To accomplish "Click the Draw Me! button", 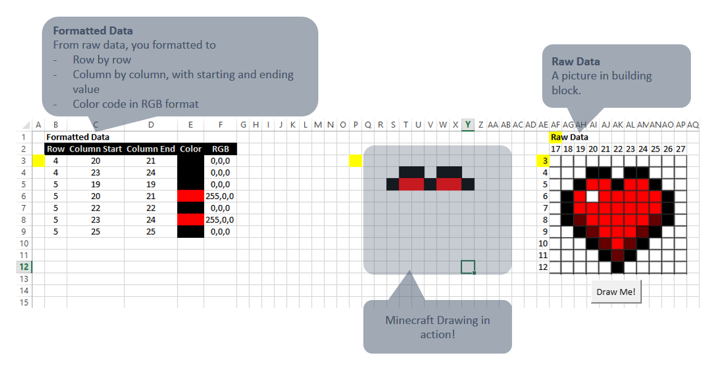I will pyautogui.click(x=616, y=291).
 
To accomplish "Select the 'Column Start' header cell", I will pyautogui.click(x=96, y=149).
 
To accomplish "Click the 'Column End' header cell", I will pyautogui.click(x=151, y=149).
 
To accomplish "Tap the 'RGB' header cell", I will pyautogui.click(x=220, y=149).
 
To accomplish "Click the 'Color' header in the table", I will pyautogui.click(x=191, y=149).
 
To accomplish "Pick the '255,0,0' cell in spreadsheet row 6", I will pyautogui.click(x=220, y=196).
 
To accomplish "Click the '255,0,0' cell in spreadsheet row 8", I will pyautogui.click(x=220, y=220).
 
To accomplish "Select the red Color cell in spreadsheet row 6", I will pyautogui.click(x=191, y=196).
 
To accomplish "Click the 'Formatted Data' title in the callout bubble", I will pyautogui.click(x=93, y=30).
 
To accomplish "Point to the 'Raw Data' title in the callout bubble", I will pyautogui.click(x=576, y=62).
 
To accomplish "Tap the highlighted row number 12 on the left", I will pyautogui.click(x=24, y=267).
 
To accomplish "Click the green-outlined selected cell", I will pyautogui.click(x=468, y=267).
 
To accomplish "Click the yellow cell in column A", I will pyautogui.click(x=38, y=161).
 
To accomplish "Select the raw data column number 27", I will pyautogui.click(x=680, y=149).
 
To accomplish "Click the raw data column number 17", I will pyautogui.click(x=556, y=149).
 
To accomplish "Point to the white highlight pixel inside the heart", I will pyautogui.click(x=593, y=196).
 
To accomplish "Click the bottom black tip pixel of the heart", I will pyautogui.click(x=618, y=267).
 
